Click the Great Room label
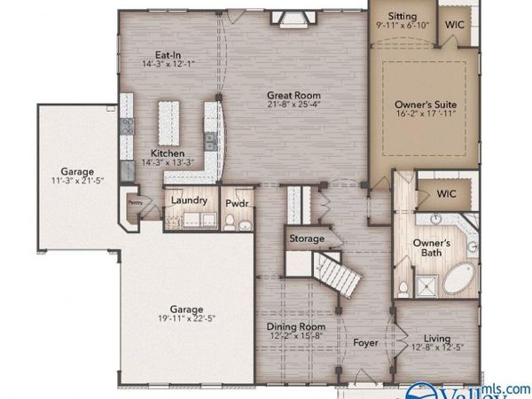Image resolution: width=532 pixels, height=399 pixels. tap(293, 95)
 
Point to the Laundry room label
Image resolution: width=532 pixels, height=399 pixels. tap(190, 200)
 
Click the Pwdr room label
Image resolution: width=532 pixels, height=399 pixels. tap(237, 203)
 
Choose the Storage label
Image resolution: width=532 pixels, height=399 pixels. tap(304, 239)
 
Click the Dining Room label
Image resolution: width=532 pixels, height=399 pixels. tap(297, 326)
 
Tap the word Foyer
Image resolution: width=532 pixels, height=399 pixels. tap(365, 342)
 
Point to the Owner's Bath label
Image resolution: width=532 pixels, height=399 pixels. tap(433, 249)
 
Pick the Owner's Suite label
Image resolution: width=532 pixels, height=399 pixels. tap(426, 105)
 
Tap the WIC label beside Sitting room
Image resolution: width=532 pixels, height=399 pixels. tap(455, 26)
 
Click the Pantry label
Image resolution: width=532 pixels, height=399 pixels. tap(135, 202)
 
